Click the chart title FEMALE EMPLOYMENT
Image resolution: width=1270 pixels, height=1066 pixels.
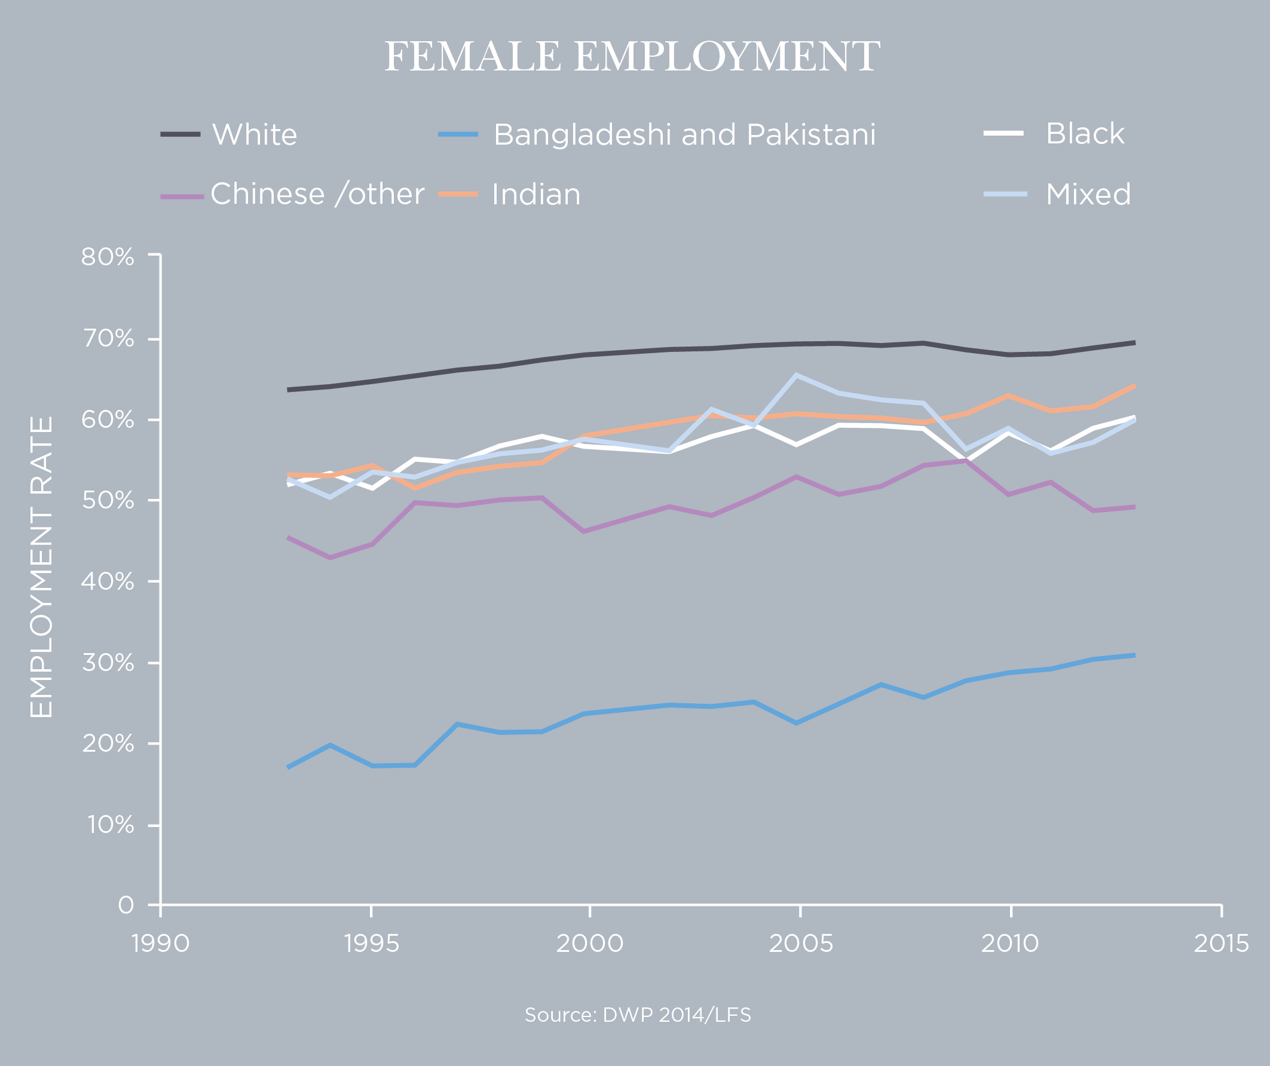[x=632, y=56]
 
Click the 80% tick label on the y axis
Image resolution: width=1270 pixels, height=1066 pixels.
[x=108, y=257]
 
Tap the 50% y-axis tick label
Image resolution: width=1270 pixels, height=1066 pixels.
[x=108, y=501]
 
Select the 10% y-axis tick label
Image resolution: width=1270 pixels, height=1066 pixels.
[x=110, y=825]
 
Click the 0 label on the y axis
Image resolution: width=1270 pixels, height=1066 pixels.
[x=126, y=905]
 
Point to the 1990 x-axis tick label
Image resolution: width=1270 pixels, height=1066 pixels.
[x=161, y=944]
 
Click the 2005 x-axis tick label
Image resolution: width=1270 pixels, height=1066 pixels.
[x=800, y=944]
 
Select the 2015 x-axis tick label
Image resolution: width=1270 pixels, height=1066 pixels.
[x=1221, y=944]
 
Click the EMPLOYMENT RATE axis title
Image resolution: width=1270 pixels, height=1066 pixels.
[x=41, y=566]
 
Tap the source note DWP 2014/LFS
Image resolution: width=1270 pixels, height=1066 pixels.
[x=638, y=1015]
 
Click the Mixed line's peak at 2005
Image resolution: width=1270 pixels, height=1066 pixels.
[x=797, y=375]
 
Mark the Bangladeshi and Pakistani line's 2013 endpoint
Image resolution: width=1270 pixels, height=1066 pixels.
[x=1134, y=655]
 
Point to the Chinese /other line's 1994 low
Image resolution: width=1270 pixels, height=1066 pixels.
[x=329, y=557]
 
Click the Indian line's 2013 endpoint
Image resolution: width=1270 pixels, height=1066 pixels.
[x=1134, y=385]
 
